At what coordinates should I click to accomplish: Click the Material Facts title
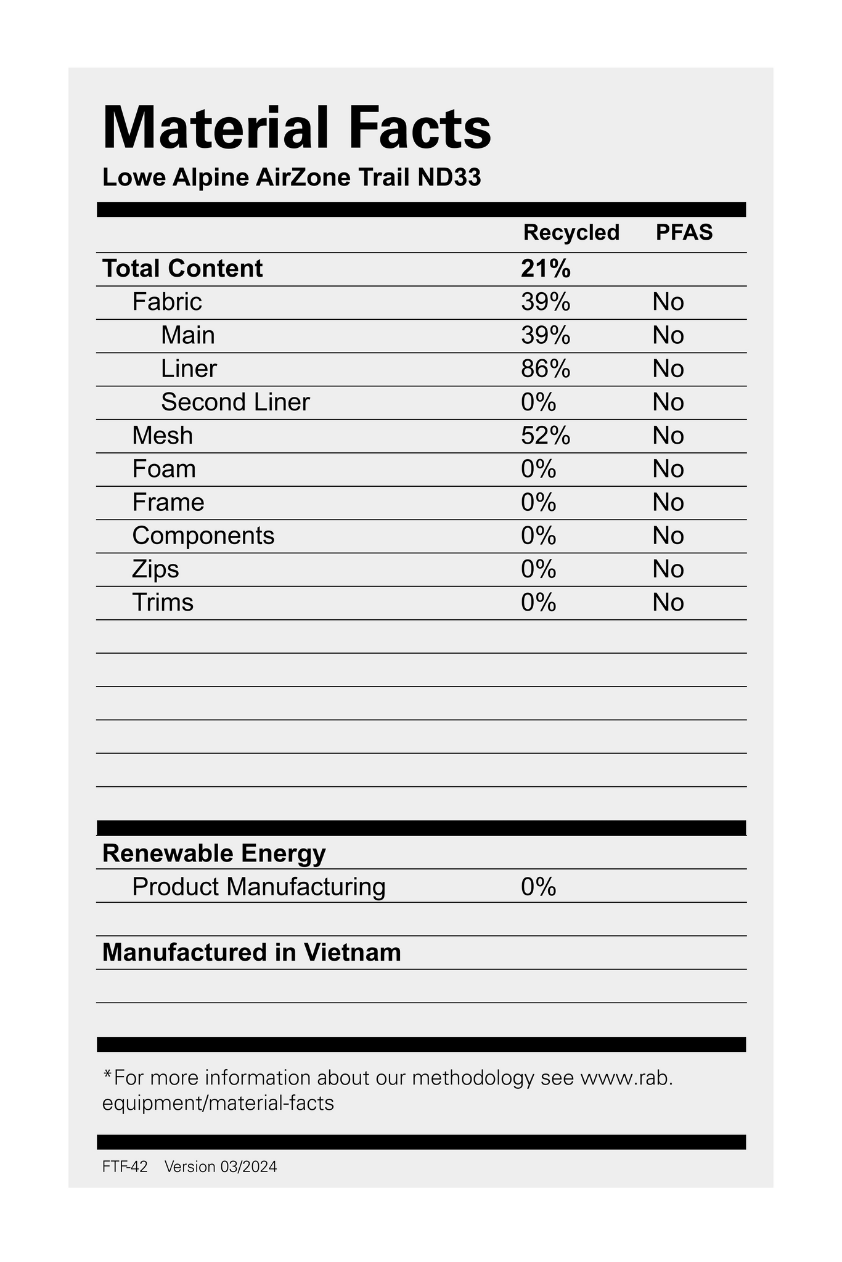coord(296,128)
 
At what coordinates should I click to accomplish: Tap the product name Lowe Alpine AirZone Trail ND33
coord(291,178)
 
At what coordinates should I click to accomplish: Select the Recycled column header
coord(571,232)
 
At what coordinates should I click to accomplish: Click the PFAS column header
coord(684,232)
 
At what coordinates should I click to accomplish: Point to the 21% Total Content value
coord(546,269)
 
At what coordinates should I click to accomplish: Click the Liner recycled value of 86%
coord(546,368)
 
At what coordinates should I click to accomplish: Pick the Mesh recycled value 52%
coord(546,436)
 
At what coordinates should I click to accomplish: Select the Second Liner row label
coord(235,402)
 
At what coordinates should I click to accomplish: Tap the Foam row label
coord(164,469)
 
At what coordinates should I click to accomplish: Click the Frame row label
coord(168,502)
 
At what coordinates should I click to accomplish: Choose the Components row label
coord(203,535)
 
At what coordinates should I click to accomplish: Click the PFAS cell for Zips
coord(668,569)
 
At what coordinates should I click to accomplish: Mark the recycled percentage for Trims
coord(538,602)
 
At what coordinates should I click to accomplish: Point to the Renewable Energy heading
coord(214,853)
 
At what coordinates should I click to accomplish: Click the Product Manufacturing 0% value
coord(538,887)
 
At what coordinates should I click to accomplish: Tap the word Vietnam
coord(352,953)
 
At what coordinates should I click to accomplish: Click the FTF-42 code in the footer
coord(125,1166)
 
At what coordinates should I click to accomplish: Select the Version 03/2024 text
coord(221,1166)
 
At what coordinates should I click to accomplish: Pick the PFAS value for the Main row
coord(668,335)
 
